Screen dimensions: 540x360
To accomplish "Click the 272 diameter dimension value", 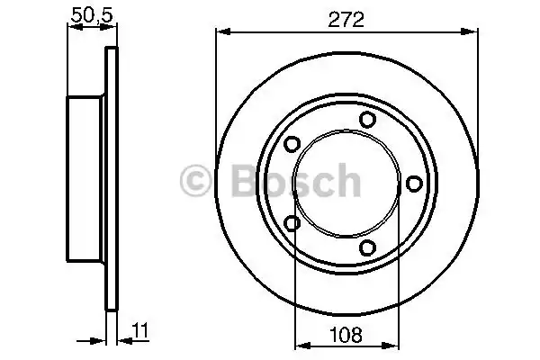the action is click(346, 20).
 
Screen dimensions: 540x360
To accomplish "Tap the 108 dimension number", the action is click(346, 335).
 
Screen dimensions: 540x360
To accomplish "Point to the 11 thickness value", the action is click(140, 330).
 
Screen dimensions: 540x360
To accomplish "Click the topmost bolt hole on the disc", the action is click(367, 119).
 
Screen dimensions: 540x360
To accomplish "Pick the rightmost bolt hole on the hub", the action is click(414, 184).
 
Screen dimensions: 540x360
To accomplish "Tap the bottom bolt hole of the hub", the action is click(367, 247).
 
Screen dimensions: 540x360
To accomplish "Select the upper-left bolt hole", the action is click(292, 144).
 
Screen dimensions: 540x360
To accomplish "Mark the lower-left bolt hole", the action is click(292, 223).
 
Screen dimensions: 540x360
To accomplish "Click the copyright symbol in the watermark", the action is click(195, 181).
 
